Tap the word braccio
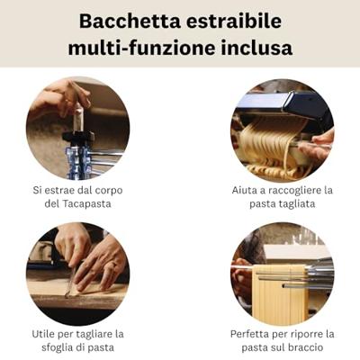tap(309, 348)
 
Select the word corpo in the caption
tap(127, 190)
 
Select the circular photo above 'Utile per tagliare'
tap(77, 274)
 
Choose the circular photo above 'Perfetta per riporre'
tap(282, 274)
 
